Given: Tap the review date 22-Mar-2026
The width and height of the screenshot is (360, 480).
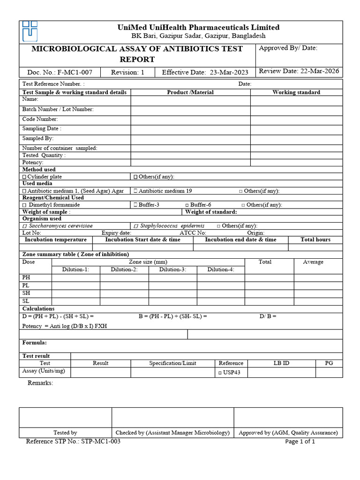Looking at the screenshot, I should click(x=319, y=71).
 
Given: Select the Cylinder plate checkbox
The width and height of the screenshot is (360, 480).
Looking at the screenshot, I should click(x=24, y=177).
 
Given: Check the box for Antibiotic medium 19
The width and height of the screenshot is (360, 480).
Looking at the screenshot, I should click(x=135, y=191).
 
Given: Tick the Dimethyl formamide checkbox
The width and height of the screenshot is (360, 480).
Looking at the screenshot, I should click(x=24, y=205).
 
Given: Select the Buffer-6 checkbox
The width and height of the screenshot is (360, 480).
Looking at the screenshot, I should click(x=187, y=205).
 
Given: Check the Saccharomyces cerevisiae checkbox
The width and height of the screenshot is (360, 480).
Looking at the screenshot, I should click(x=24, y=226).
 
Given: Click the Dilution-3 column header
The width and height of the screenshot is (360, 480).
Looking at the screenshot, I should click(x=172, y=270).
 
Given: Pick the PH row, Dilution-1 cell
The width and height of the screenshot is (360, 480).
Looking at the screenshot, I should click(x=76, y=277).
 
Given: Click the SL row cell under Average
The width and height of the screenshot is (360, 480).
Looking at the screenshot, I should click(x=318, y=300).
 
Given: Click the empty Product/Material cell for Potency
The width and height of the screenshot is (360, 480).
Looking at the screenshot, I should click(x=190, y=162).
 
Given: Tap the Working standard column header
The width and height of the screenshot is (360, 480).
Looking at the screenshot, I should click(x=296, y=92).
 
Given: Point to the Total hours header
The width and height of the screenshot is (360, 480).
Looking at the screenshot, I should click(x=315, y=240).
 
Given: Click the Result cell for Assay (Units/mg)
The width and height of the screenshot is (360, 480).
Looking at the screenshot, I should click(x=100, y=372).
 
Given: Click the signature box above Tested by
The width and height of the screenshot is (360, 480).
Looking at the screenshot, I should click(x=65, y=417).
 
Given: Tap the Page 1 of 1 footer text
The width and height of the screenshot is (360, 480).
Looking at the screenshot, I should click(x=300, y=442).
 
